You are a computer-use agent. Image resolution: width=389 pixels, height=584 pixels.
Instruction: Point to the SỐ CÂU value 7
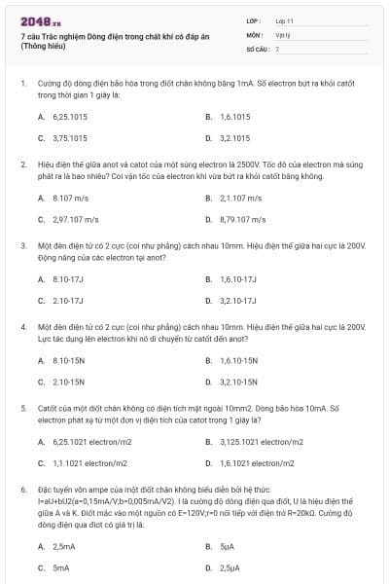tap(277, 48)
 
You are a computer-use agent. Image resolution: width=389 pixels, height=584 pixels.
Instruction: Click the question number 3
tap(22, 246)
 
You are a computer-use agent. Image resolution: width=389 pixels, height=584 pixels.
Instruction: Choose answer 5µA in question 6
tap(228, 546)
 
